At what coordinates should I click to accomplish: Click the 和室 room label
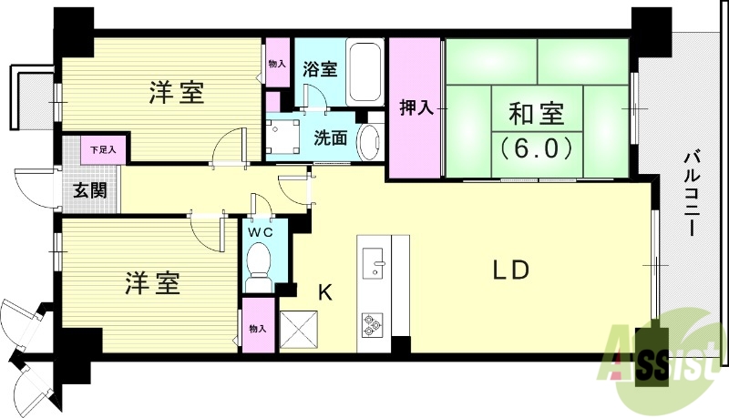point(536,115)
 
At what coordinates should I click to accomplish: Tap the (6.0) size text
point(536,146)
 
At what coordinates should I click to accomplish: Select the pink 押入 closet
point(414,108)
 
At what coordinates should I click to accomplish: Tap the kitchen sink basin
point(375,265)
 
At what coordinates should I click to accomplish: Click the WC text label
point(261,231)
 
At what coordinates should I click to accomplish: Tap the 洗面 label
point(330,138)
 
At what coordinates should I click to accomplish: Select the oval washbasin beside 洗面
point(369,142)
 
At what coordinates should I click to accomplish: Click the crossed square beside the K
point(300,329)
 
